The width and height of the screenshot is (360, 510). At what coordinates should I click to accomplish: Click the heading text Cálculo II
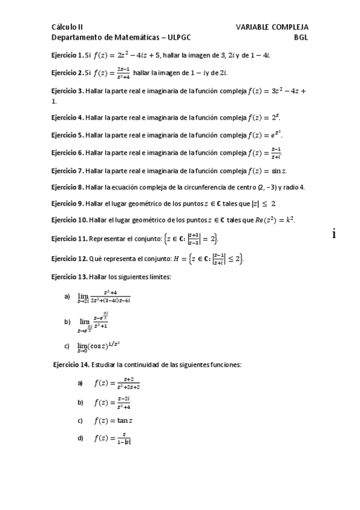tap(67, 27)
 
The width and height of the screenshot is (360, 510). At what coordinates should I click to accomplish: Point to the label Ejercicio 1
tap(67, 55)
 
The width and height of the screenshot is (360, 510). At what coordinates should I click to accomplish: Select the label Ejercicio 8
tap(67, 187)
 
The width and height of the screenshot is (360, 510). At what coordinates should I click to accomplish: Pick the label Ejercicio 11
tap(69, 239)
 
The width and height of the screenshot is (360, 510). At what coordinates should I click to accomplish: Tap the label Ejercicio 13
tap(69, 277)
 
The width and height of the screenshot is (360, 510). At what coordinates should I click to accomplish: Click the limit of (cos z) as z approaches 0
tap(99, 346)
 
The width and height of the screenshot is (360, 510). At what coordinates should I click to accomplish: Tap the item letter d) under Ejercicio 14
tap(80, 438)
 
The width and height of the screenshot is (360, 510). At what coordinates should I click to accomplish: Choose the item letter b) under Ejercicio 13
tap(67, 322)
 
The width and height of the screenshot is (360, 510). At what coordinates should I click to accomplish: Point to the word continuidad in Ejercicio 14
tap(134, 364)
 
